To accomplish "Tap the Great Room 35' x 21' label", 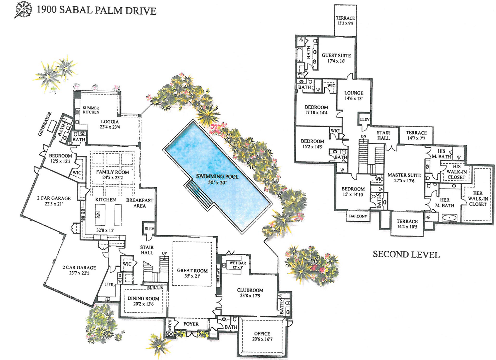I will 192,273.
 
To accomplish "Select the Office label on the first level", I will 262,336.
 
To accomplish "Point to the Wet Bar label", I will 238,265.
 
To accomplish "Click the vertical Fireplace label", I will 219,276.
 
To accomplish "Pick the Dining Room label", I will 143,301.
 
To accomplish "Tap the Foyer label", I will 191,324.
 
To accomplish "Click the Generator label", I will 45,124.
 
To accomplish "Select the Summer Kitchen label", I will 91,110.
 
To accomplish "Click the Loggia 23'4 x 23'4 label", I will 110,124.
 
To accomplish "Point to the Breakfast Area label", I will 140,203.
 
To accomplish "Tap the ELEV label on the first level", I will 149,229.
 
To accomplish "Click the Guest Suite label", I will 336,58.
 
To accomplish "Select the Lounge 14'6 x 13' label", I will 354,96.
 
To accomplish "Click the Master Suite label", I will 404,178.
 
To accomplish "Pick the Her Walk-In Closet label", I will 478,199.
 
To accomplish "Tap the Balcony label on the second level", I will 358,216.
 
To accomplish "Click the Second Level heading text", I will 406,254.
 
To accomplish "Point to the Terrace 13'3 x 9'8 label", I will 345,21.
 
